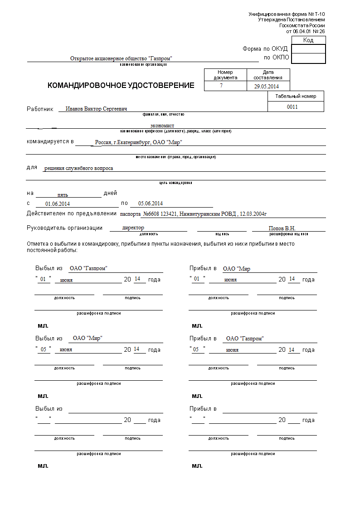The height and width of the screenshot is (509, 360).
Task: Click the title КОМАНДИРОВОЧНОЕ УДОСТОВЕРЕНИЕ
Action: [x=121, y=85]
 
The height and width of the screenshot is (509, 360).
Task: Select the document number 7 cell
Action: [x=221, y=86]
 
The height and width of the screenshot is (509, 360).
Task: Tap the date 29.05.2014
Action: [x=266, y=86]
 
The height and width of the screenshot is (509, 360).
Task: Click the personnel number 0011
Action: [x=292, y=107]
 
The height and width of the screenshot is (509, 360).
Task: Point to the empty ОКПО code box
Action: [x=308, y=58]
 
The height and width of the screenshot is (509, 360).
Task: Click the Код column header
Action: [x=308, y=40]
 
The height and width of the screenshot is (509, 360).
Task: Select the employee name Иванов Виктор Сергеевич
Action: [x=96, y=109]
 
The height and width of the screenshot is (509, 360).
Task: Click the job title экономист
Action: [x=162, y=126]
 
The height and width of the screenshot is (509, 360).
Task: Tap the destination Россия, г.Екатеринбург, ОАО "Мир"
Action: [x=138, y=142]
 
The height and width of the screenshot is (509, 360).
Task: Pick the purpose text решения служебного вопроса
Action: [x=78, y=168]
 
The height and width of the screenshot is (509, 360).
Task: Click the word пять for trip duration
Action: [x=63, y=194]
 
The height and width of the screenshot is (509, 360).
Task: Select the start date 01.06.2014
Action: [x=58, y=204]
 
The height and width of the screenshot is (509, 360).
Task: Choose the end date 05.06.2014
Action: [x=151, y=204]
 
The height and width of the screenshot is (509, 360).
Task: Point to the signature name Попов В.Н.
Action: [x=282, y=228]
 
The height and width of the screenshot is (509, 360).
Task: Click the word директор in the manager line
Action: [x=133, y=228]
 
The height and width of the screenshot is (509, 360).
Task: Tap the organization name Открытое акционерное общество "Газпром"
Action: [x=121, y=58]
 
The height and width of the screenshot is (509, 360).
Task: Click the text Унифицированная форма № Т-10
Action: [x=287, y=15]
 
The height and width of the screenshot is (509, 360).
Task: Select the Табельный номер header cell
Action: [x=296, y=96]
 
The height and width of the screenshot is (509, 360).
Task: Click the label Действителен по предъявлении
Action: [x=72, y=213]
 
